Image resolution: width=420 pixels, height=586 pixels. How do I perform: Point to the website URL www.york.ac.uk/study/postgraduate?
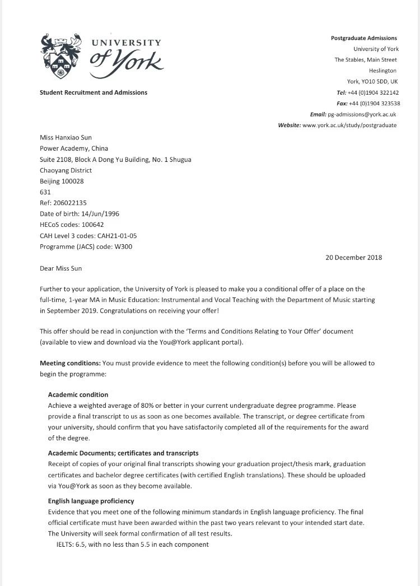point(349,125)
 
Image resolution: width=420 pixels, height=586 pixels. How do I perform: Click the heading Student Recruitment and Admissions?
point(94,92)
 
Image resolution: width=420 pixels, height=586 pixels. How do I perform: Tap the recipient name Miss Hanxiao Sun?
point(66,138)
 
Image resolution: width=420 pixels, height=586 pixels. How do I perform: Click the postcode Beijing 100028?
point(62,181)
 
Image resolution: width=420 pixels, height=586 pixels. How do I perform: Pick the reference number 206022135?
point(70,202)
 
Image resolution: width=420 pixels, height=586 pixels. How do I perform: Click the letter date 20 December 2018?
point(353,257)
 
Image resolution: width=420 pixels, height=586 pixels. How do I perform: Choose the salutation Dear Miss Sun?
point(61,268)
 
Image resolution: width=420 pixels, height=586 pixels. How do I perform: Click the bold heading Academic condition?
point(78,395)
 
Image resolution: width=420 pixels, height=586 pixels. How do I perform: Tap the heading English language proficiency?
point(91,501)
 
